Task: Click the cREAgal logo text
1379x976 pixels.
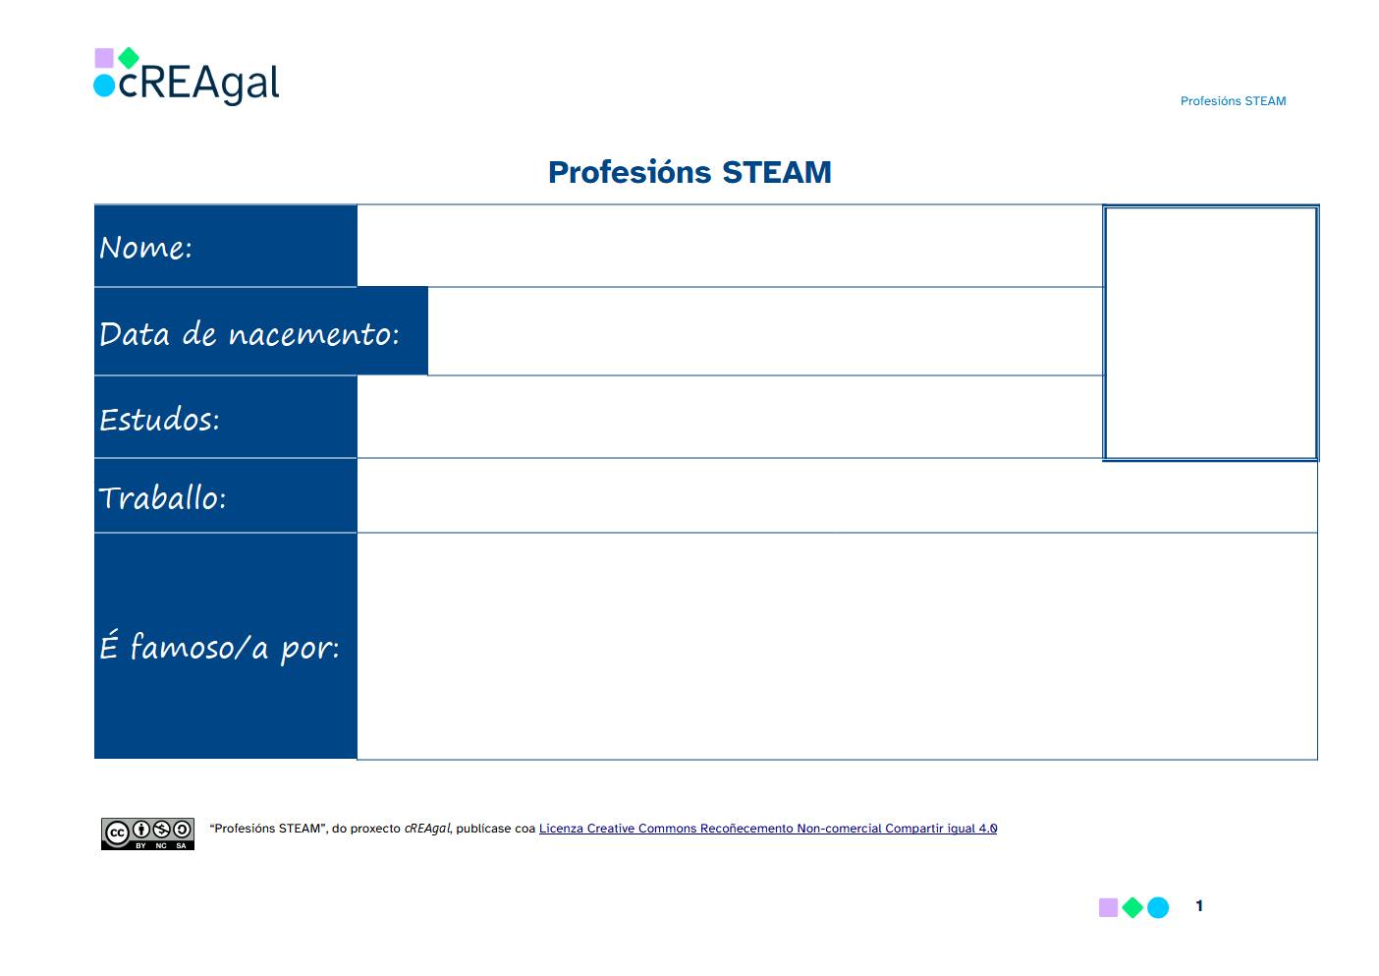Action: point(198,84)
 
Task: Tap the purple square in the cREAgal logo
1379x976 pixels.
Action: point(104,58)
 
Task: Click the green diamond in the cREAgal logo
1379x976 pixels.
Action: point(129,58)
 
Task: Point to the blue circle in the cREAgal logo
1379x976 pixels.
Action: point(104,86)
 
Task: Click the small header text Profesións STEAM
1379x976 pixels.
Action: point(1233,101)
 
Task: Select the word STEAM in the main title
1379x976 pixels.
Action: point(776,172)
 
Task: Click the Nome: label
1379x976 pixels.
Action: point(146,248)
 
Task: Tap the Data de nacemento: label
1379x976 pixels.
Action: point(249,334)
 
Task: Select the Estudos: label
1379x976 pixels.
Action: point(159,420)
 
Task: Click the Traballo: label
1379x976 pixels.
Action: point(162,498)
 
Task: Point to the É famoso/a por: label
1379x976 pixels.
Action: point(220,647)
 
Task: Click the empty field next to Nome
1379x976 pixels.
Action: point(730,246)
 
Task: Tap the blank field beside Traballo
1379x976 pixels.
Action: point(837,495)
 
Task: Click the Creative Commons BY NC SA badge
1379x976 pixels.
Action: point(147,833)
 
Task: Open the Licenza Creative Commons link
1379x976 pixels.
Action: point(768,829)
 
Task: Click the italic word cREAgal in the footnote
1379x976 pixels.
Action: point(427,829)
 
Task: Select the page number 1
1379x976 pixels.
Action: point(1199,906)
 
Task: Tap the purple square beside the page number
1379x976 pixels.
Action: point(1108,907)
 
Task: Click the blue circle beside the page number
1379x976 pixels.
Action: point(1158,907)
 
